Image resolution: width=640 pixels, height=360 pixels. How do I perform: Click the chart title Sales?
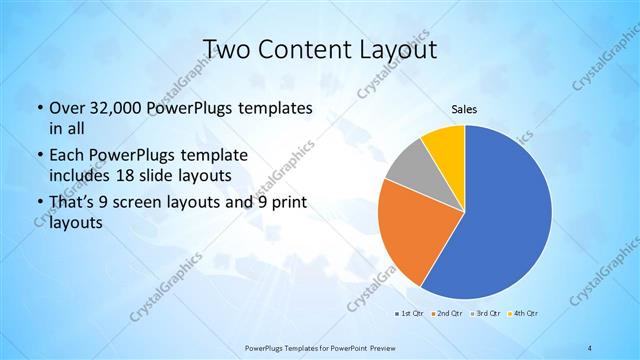coord(465,109)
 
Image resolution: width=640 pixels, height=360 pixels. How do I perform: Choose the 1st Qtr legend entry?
coord(409,313)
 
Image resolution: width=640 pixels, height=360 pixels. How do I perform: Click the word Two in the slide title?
coord(225,49)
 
